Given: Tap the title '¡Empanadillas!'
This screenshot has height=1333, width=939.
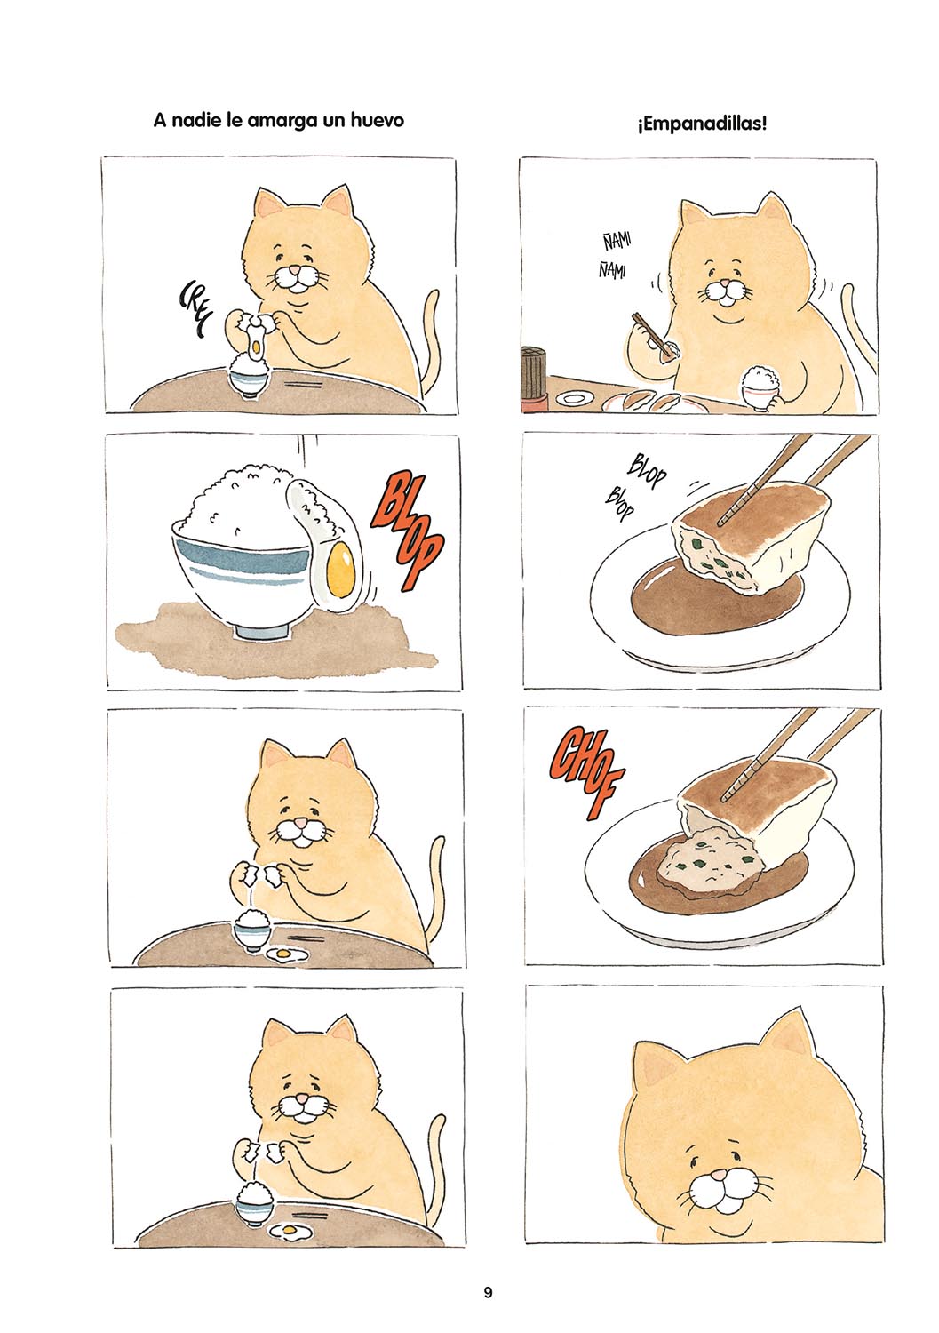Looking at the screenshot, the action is coord(702,124).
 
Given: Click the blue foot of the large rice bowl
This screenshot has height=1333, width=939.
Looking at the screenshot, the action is coord(261,629).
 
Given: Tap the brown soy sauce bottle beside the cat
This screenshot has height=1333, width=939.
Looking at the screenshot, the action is coord(535,378).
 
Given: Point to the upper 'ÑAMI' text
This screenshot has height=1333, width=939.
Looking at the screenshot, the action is coord(617,243).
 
